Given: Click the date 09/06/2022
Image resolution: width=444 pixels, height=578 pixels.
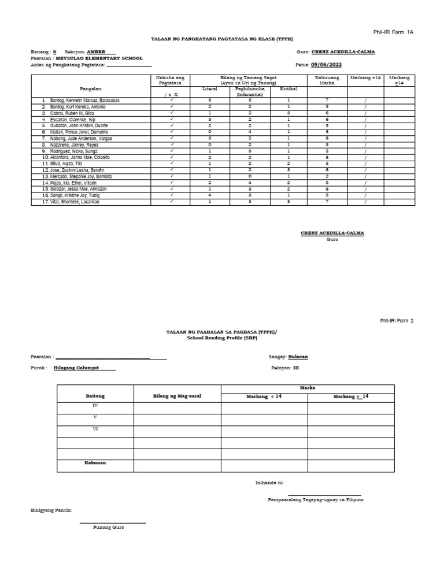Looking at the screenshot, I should click(x=327, y=65).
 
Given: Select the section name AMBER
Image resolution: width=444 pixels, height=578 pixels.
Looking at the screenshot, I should click(x=97, y=52).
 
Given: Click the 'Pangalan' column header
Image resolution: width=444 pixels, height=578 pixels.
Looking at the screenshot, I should click(x=91, y=88).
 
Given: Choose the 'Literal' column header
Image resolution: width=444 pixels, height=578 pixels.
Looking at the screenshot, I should click(x=210, y=88).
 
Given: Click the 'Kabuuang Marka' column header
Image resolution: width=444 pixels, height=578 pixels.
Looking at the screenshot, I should click(x=327, y=80).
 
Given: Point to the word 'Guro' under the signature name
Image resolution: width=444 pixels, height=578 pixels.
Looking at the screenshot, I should click(x=332, y=239).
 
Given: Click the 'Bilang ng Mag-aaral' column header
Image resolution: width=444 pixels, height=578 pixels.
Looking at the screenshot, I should click(x=177, y=396).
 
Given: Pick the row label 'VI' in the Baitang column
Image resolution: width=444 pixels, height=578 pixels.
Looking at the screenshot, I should click(x=95, y=429).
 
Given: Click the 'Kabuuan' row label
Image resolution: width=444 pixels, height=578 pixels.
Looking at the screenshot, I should click(x=95, y=462).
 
